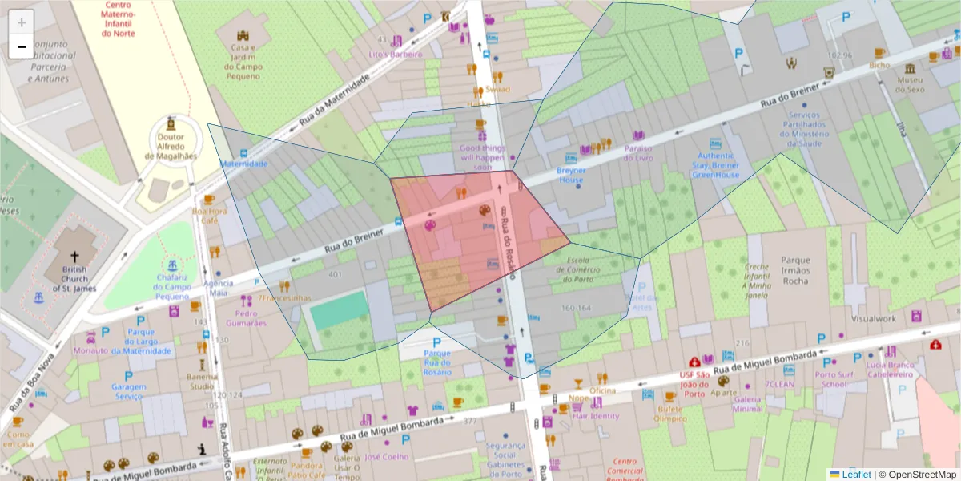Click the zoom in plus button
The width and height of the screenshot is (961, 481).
pos(22,23)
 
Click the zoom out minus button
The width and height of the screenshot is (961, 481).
pos(22,46)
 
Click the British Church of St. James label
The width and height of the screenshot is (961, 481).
pos(74,277)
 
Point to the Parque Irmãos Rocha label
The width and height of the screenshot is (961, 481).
pos(784,270)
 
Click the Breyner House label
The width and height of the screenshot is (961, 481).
pos(571,175)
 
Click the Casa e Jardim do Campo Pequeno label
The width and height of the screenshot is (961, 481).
pos(243,62)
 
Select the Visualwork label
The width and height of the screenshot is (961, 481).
pos(874,318)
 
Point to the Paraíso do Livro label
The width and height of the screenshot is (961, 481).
pos(638,153)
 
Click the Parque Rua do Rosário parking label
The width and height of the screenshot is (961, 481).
pos(437,362)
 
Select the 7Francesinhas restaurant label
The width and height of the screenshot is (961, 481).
pos(283,298)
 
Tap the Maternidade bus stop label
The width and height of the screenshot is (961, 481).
pos(243,164)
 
